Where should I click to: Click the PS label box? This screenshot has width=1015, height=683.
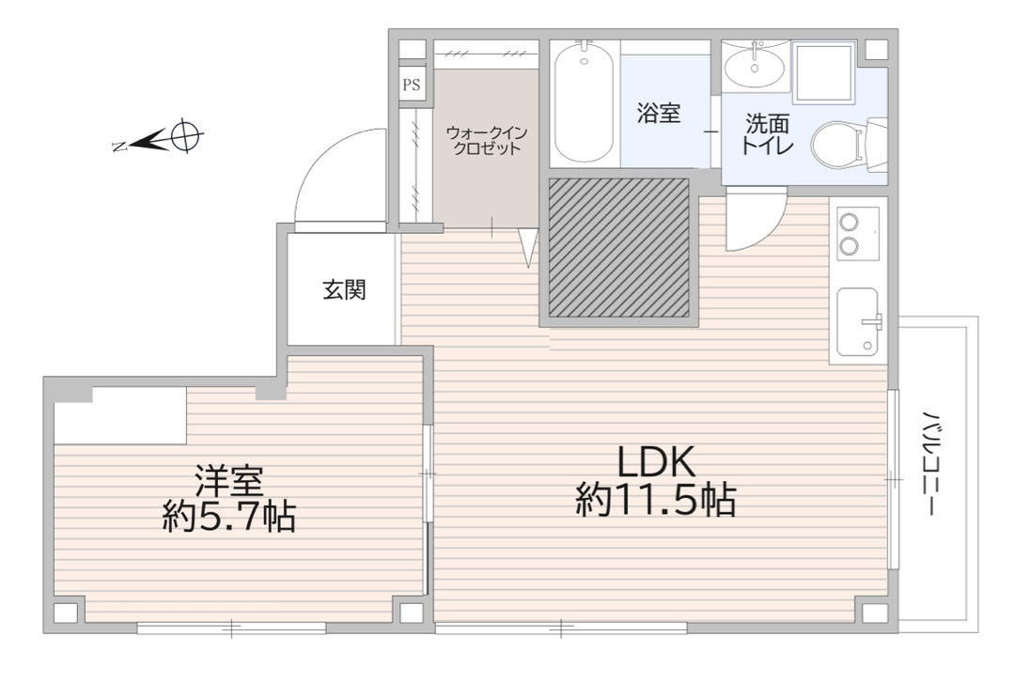[412, 85]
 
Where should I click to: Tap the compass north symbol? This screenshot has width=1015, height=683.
[159, 138]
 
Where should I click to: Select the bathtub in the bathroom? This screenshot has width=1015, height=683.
[584, 102]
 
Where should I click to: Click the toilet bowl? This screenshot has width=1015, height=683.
[834, 145]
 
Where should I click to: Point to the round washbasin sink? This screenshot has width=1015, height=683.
[754, 67]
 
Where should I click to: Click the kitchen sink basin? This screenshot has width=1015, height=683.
[858, 321]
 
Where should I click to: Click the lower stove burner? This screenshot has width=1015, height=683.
[849, 245]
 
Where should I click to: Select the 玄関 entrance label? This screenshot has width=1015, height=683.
[344, 289]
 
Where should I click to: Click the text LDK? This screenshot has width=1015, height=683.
[656, 462]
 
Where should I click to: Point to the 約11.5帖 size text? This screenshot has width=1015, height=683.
[656, 499]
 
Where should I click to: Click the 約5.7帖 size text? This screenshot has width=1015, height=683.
[228, 516]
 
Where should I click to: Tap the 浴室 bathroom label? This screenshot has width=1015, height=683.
[658, 113]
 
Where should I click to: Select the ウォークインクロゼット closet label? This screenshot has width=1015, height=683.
[487, 141]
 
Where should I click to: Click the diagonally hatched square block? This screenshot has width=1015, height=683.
[618, 247]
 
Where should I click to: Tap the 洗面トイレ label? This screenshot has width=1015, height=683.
[767, 134]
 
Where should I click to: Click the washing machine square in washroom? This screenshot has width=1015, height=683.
[824, 72]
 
